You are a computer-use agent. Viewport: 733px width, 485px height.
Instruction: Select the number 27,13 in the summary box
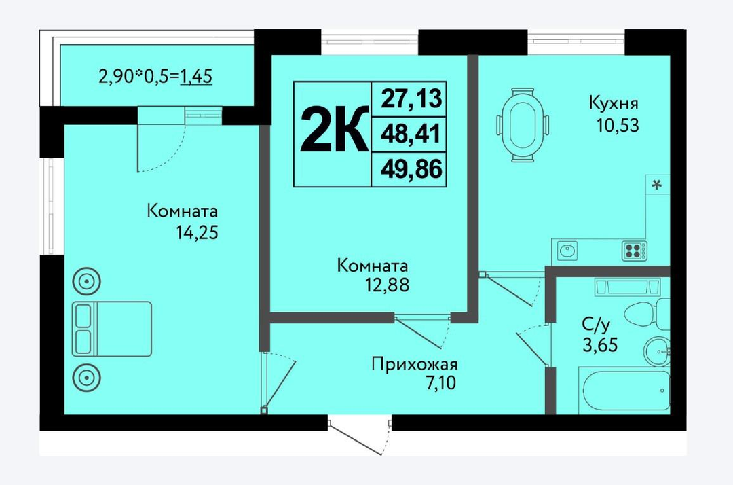(411, 98)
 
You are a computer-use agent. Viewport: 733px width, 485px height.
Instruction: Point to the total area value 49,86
(411, 169)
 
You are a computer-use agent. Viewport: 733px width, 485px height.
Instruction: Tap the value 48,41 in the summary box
(411, 134)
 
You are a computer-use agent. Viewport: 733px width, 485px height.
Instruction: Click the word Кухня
(614, 103)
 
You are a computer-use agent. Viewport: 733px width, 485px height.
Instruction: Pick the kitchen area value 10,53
(618, 126)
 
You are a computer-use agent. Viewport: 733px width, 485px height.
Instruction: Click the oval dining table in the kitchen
(522, 124)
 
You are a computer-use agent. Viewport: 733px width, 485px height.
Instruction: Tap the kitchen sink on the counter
(567, 251)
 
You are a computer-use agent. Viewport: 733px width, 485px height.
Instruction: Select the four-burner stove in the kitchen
(635, 250)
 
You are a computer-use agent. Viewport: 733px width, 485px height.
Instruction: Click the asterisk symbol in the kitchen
(657, 185)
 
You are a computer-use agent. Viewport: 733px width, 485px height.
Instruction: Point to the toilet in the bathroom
(647, 311)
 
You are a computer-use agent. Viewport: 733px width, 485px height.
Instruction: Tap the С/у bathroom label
(596, 324)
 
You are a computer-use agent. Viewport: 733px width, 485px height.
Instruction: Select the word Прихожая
(415, 364)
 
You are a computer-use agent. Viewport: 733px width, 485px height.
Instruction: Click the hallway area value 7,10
(440, 383)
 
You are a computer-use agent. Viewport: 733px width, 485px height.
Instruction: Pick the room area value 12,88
(387, 285)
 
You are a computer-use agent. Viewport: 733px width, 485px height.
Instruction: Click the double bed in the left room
(112, 329)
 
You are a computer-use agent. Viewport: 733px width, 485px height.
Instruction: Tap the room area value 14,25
(197, 232)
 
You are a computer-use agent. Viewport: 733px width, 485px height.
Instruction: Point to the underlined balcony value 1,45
(196, 76)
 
